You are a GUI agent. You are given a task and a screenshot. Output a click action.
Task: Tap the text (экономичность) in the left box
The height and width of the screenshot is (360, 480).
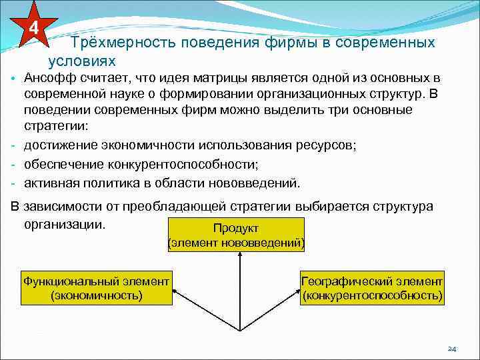[97, 295]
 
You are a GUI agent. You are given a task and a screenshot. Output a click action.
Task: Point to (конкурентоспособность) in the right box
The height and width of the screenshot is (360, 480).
[371, 295]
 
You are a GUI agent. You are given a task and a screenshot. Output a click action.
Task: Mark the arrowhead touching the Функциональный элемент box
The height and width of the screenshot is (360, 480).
[175, 290]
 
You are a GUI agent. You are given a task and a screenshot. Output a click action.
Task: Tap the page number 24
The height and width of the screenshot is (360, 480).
[451, 348]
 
